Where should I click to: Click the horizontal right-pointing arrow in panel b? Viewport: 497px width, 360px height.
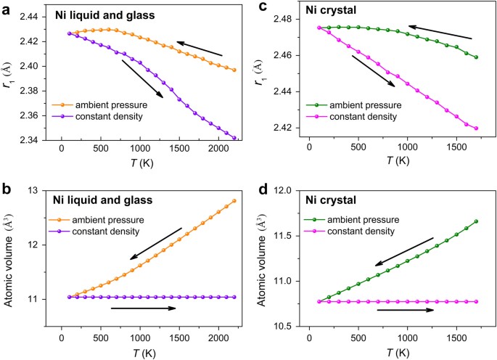click(x=143, y=308)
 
